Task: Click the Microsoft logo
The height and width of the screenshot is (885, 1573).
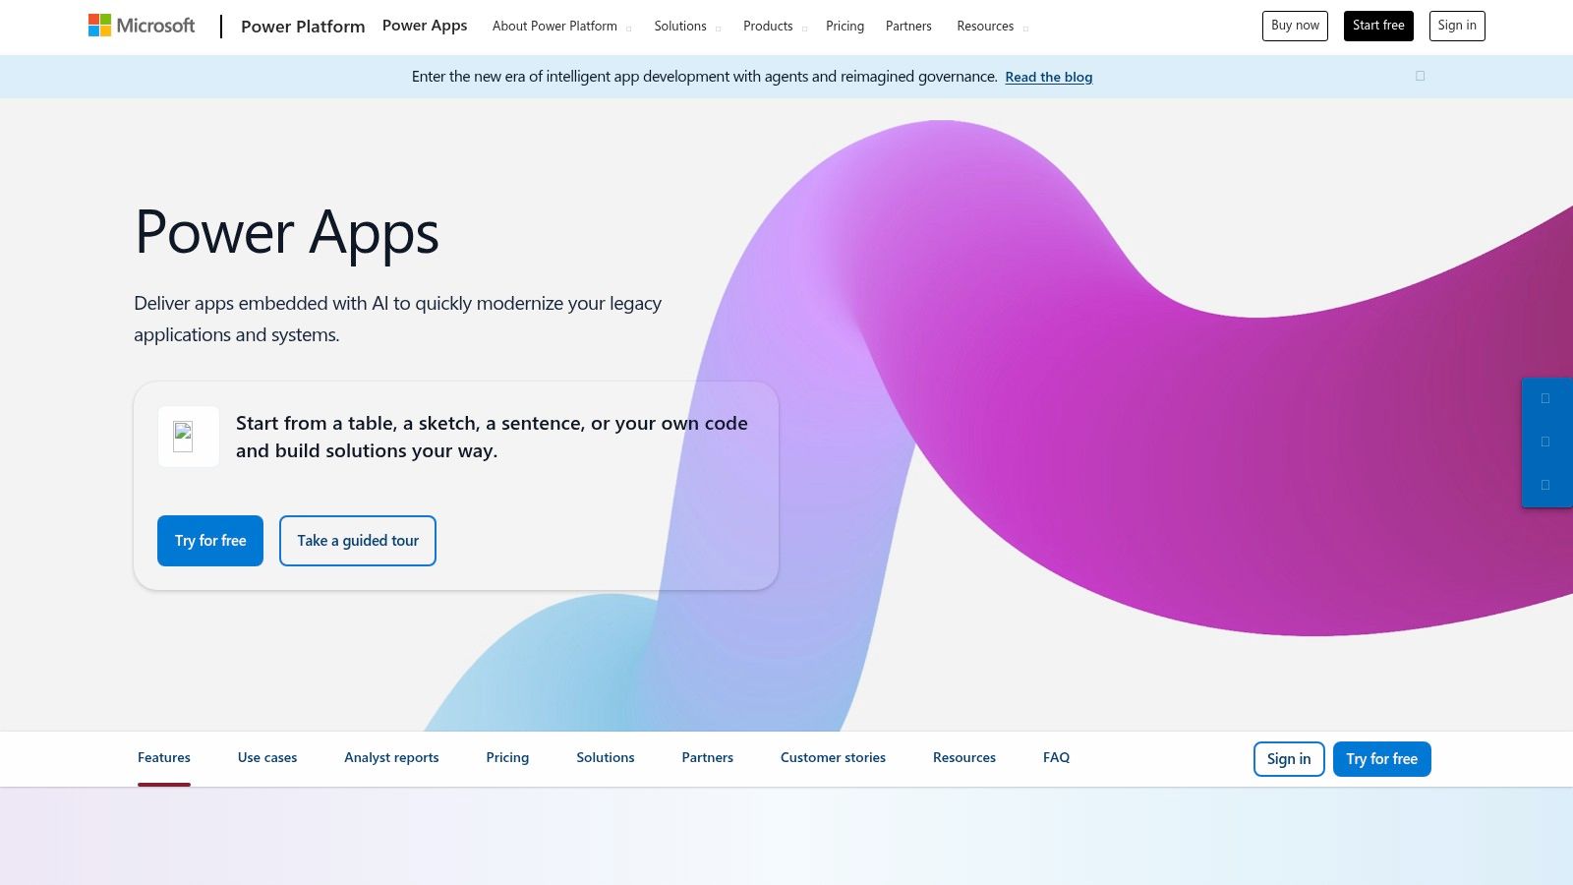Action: (142, 26)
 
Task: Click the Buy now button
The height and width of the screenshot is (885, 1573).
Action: (1295, 26)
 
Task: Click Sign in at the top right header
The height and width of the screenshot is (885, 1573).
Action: (1456, 26)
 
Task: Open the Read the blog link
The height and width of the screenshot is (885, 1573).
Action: (1048, 77)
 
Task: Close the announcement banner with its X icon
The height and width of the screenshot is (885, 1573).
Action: (1420, 76)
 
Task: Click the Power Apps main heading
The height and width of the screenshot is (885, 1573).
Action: (286, 233)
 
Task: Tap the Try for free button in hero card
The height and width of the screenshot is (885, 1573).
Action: (210, 541)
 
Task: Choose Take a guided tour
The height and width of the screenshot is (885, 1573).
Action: (358, 541)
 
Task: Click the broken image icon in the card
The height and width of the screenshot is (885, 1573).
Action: (184, 436)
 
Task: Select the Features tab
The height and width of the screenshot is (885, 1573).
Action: (164, 757)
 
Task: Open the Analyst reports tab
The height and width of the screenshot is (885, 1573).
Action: (391, 757)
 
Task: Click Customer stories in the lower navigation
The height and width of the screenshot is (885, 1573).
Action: (833, 757)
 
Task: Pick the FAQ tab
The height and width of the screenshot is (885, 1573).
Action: (1056, 757)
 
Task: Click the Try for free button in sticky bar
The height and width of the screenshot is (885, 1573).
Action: (1381, 759)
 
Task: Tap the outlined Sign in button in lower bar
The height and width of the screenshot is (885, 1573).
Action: (1288, 759)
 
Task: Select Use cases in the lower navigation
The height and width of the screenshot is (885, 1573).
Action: (267, 757)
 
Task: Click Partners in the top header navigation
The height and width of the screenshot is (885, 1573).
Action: (908, 27)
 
